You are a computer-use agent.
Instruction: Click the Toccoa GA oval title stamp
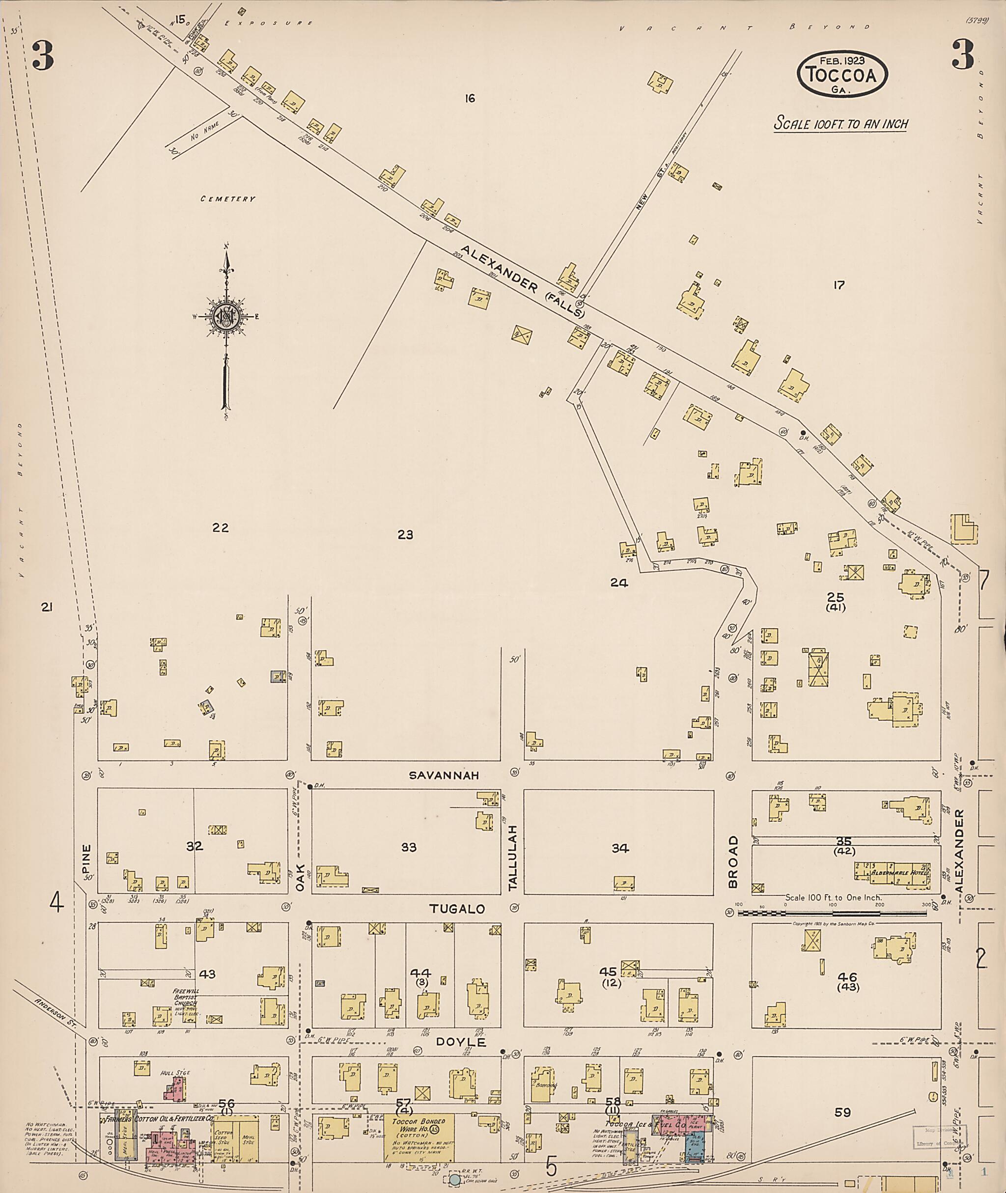[x=842, y=72]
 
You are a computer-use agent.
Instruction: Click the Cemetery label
[x=227, y=199]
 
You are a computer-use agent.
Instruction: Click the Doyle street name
[x=461, y=1042]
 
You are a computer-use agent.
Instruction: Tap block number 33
[x=408, y=847]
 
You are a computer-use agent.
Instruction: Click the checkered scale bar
[x=833, y=913]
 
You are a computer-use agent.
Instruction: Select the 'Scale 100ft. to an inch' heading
[x=840, y=124]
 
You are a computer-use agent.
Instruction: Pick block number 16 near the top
[x=470, y=99]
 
